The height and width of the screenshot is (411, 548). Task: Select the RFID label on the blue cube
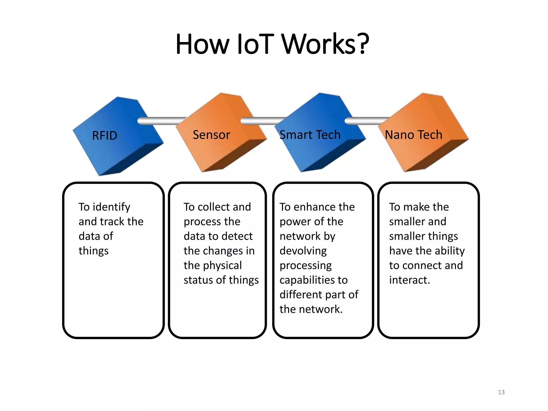[105, 136]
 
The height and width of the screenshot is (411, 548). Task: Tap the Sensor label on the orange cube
[211, 135]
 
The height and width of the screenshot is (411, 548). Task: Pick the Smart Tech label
[310, 135]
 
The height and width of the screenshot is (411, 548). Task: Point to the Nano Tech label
[413, 135]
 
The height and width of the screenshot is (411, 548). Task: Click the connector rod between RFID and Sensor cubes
[161, 121]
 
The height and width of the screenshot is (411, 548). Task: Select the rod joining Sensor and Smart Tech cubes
[262, 121]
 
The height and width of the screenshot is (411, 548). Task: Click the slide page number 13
[501, 392]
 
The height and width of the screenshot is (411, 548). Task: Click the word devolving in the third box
[303, 251]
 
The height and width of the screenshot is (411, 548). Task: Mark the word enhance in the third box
[311, 207]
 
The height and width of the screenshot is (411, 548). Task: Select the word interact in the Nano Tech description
[409, 280]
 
